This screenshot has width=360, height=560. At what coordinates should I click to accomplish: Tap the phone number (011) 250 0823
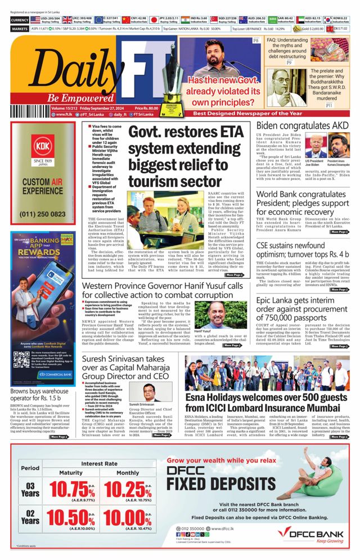tap(42, 213)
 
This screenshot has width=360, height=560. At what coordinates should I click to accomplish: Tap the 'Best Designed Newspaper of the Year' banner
tap(259, 113)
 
